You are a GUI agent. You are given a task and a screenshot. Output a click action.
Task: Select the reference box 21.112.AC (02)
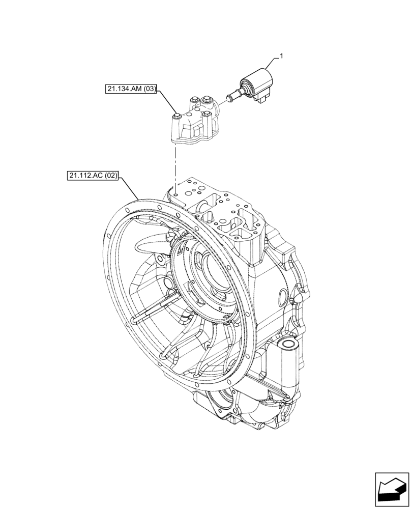click(x=92, y=177)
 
